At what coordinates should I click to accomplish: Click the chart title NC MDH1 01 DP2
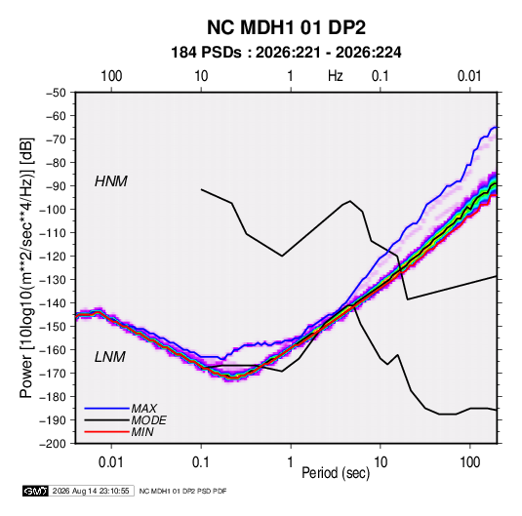point(286,27)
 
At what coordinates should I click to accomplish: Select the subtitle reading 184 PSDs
point(206,53)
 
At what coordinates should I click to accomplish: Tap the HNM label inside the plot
point(111,181)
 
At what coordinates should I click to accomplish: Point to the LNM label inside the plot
point(110,357)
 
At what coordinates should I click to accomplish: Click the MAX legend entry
point(143,409)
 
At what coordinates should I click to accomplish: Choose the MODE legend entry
point(149,420)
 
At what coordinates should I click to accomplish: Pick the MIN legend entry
point(142,432)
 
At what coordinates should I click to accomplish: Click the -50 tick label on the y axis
point(56,93)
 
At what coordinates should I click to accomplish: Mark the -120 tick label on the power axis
point(53,257)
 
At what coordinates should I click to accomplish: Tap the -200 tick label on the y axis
point(53,444)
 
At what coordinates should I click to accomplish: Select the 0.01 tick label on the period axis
point(111,462)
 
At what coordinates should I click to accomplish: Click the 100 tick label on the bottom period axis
point(469,462)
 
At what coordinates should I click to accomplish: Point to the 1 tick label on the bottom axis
point(291,462)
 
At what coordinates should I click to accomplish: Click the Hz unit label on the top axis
point(336,76)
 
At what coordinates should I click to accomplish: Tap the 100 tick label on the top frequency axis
point(111,76)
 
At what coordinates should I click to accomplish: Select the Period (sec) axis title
point(336,473)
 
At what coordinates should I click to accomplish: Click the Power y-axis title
point(26,268)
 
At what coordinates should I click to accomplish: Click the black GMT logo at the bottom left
point(35,491)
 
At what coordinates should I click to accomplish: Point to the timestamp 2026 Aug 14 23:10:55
point(91,491)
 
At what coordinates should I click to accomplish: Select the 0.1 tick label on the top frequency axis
point(381,76)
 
